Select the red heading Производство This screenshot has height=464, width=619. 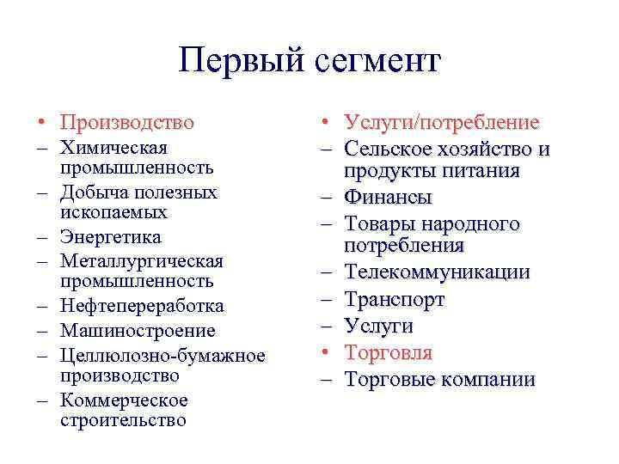tap(127, 124)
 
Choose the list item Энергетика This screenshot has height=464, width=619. tap(111, 236)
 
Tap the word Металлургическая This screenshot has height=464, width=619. tap(142, 260)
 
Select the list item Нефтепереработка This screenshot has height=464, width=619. tap(142, 306)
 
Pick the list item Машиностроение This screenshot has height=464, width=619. tap(138, 330)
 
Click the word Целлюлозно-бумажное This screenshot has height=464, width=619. tap(162, 355)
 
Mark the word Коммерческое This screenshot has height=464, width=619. tap(124, 400)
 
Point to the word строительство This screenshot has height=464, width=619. tap(123, 420)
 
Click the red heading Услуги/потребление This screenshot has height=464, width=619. tap(442, 124)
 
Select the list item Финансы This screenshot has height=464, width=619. tap(388, 198)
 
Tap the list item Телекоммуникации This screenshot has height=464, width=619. tap(437, 273)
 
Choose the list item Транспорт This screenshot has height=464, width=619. tap(395, 300)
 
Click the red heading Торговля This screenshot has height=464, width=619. tap(389, 352)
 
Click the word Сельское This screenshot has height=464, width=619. tap(385, 150)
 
